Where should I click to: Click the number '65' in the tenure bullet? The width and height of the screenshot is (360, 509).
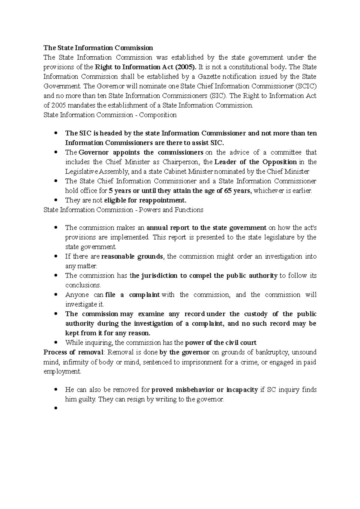click(228, 191)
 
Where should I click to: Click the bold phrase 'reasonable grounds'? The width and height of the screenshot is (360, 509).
click(132, 257)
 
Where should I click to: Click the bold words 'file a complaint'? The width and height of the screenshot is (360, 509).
click(133, 295)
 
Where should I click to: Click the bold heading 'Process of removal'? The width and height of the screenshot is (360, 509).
click(73, 352)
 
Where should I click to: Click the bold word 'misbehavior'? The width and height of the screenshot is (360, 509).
click(195, 390)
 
